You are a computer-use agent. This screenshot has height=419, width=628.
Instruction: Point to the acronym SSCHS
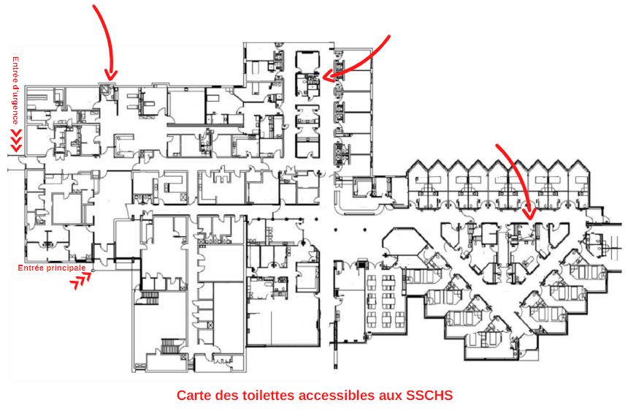pyautogui.click(x=429, y=395)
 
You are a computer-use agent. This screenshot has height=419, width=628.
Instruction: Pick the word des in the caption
pyautogui.click(x=226, y=395)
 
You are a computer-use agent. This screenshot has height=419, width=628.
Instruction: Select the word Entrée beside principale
pyautogui.click(x=30, y=268)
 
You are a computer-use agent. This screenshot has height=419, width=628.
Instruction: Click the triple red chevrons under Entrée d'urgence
pyautogui.click(x=16, y=140)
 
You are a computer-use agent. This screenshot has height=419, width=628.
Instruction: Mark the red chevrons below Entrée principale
pyautogui.click(x=80, y=280)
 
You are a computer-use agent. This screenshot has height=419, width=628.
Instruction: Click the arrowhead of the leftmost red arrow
pyautogui.click(x=111, y=75)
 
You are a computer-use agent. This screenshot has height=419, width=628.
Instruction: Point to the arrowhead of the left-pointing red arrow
pyautogui.click(x=328, y=75)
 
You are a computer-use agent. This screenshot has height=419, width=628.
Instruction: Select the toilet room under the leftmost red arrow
pyautogui.click(x=107, y=90)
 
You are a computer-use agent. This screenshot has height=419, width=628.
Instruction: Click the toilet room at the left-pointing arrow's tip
pyautogui.click(x=308, y=85)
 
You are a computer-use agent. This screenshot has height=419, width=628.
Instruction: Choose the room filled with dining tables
pyautogui.click(x=384, y=301)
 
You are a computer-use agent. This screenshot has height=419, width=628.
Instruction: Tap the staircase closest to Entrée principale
pyautogui.click(x=150, y=298)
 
